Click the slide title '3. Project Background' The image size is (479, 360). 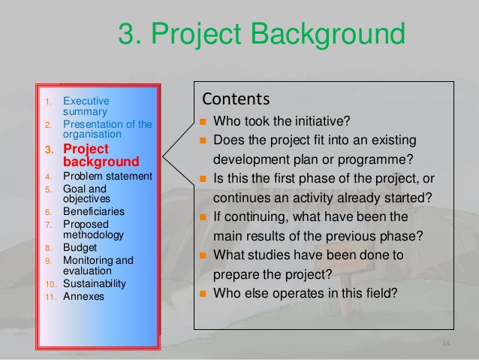[261, 34]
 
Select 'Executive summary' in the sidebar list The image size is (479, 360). [86, 106]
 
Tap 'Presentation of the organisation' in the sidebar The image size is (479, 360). [107, 129]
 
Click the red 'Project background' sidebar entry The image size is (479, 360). [101, 155]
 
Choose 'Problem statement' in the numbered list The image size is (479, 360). [107, 177]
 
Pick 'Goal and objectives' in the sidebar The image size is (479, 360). [86, 194]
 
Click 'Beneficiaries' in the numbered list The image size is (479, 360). [93, 212]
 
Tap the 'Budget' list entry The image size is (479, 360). [80, 247]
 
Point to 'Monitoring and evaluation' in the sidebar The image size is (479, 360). [98, 265]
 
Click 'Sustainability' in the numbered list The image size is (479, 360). [94, 284]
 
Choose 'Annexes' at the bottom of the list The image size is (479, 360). [83, 296]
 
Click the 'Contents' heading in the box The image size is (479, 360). [235, 99]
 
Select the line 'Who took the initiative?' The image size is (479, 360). [282, 121]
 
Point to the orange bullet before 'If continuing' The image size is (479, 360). [203, 217]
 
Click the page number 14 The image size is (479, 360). [445, 343]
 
